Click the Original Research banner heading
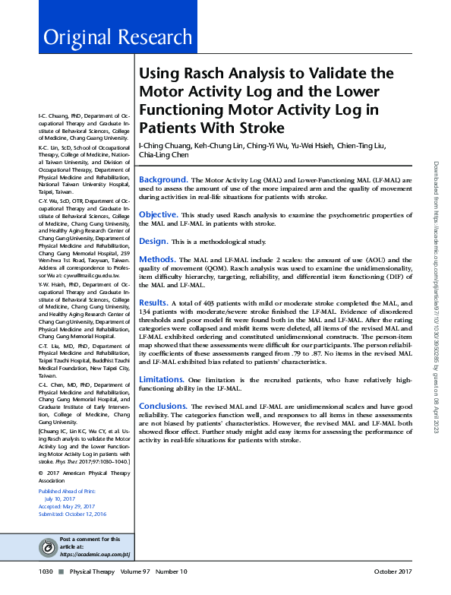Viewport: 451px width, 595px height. tap(118, 37)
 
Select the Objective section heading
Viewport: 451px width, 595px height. tap(158, 214)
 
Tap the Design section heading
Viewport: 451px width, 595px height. tap(153, 240)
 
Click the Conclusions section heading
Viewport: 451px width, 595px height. tap(163, 406)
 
